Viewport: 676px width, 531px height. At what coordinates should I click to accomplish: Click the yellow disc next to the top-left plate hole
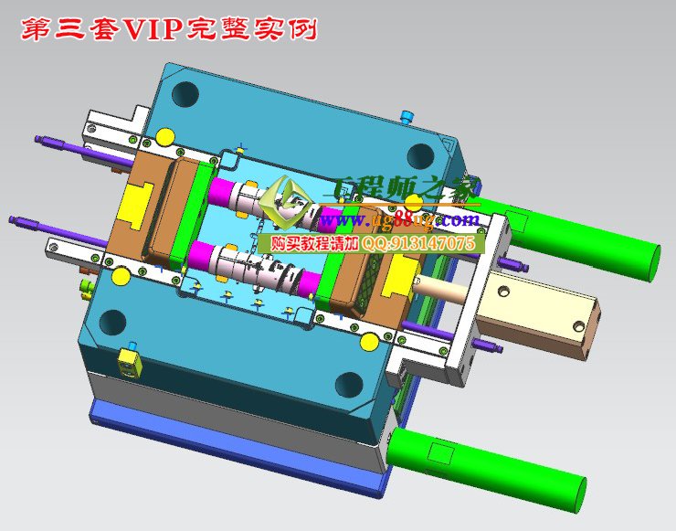164,137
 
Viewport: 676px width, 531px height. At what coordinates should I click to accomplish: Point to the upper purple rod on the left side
55,144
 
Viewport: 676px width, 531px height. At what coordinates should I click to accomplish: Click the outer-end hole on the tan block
577,326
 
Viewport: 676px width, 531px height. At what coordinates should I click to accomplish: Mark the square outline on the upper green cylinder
516,219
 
